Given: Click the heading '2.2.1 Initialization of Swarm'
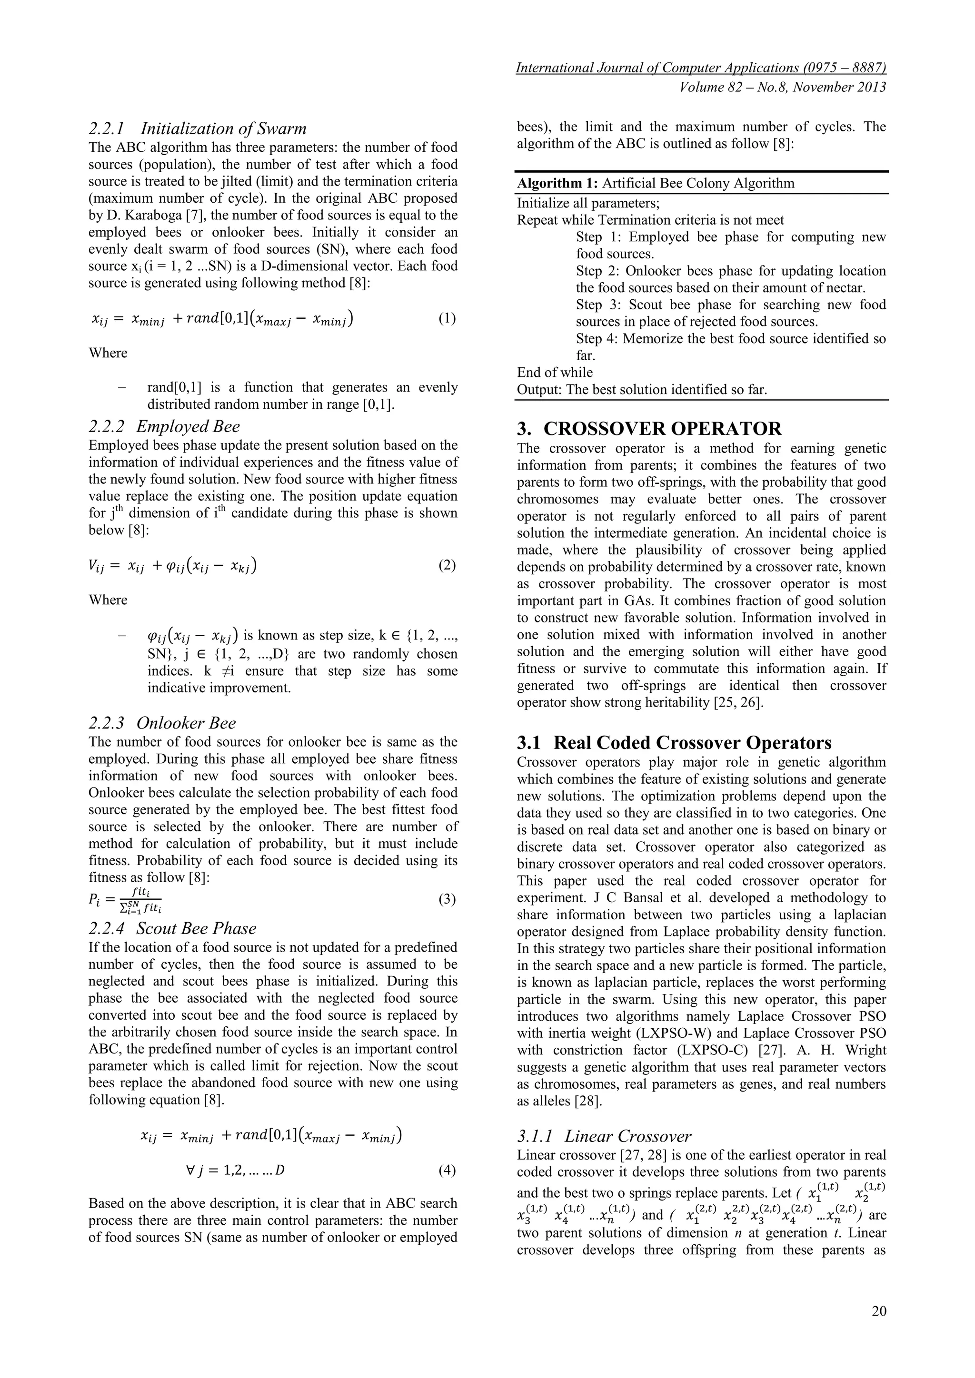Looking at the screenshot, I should (x=198, y=128).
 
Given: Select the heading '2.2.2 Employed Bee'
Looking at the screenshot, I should (x=164, y=426).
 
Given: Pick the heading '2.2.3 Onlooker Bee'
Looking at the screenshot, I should (x=162, y=723).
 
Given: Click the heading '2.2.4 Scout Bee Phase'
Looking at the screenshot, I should (x=172, y=928).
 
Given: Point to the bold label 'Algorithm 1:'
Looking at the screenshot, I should (x=557, y=183).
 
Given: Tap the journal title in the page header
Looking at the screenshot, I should (x=701, y=68).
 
